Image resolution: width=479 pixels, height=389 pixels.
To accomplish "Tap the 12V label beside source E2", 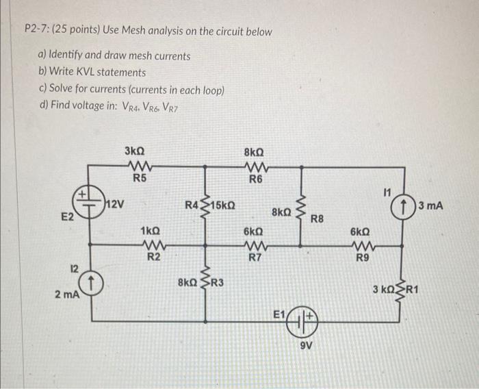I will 114,203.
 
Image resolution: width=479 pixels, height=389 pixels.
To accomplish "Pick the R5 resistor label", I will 139,179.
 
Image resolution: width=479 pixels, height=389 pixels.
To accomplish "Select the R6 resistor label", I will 255,180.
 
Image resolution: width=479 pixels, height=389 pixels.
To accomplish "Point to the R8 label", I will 317,219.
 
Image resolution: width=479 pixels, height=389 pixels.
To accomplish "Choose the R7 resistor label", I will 254,258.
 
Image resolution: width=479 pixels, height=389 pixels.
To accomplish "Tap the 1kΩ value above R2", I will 151,231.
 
